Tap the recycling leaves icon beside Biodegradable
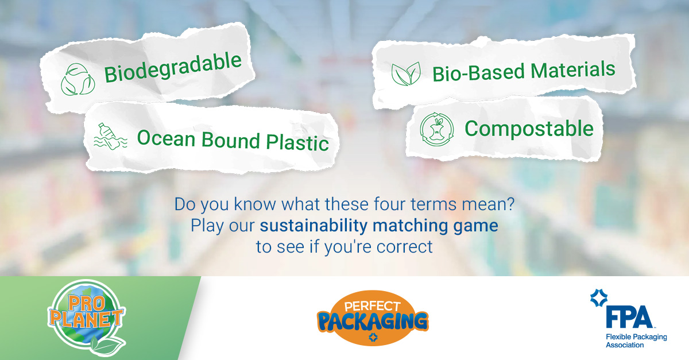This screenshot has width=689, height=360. point(78,79)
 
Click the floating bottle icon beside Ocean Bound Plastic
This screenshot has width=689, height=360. point(106,136)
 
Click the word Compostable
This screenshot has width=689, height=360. point(529,128)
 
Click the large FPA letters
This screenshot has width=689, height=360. point(628,317)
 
